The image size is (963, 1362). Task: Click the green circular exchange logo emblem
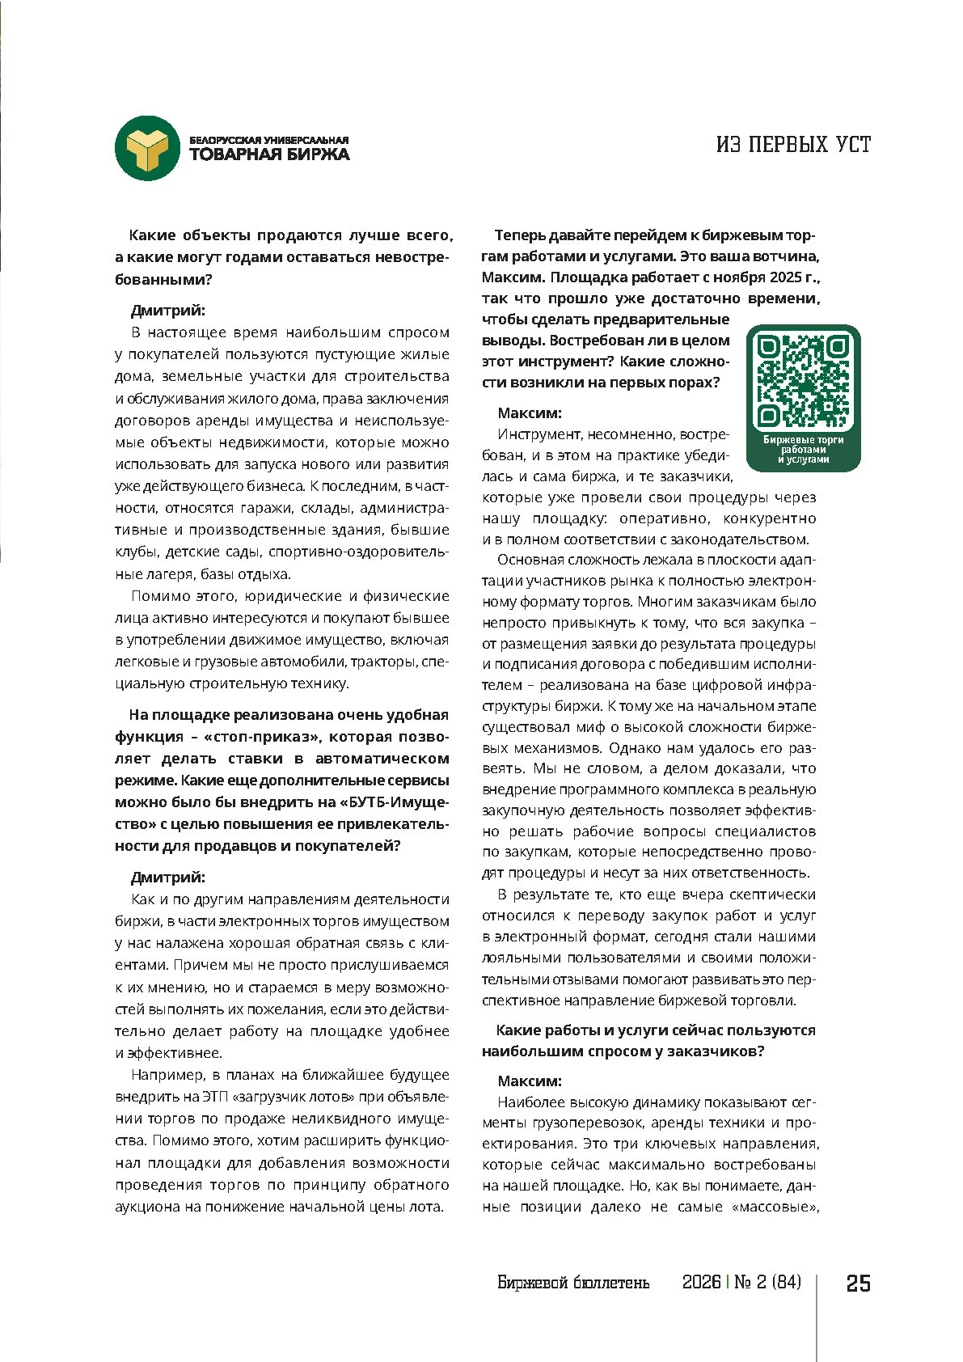pos(146,148)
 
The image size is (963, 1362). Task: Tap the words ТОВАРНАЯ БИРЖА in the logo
pos(269,154)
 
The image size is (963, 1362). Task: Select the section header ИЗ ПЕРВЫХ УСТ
pos(793,145)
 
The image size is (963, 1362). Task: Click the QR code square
pos(803,382)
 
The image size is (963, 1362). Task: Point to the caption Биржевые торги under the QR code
pos(803,440)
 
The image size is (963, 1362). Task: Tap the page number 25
pos(858,1284)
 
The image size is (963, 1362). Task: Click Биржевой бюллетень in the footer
pos(573,1284)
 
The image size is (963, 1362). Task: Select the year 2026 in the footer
pos(701,1283)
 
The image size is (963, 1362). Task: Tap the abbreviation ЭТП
pos(214,1098)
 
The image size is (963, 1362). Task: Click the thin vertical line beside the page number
pos(817,1318)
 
